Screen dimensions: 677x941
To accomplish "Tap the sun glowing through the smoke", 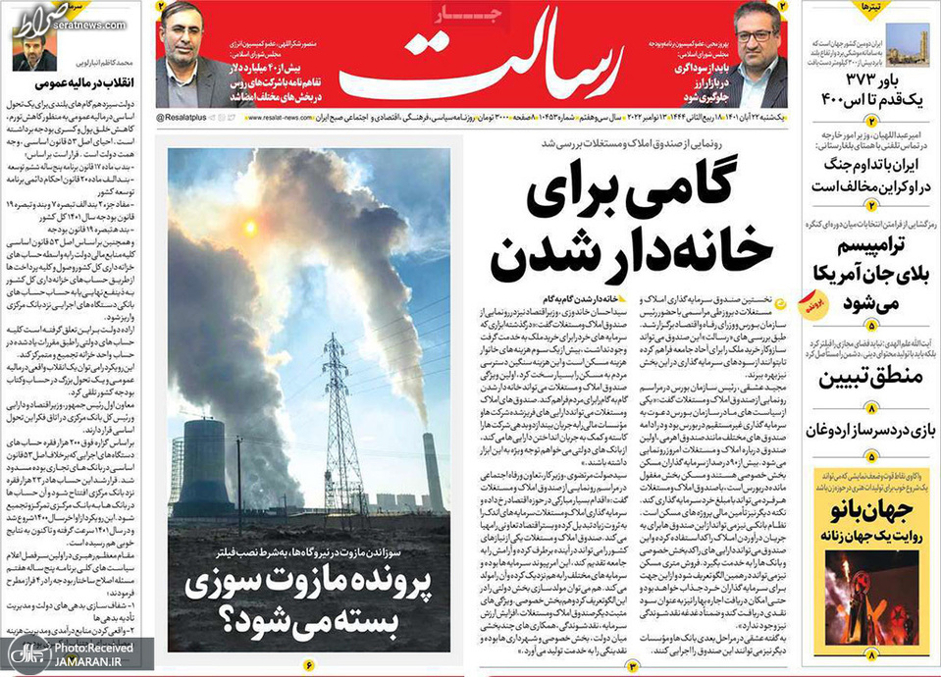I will pyautogui.click(x=249, y=228).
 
